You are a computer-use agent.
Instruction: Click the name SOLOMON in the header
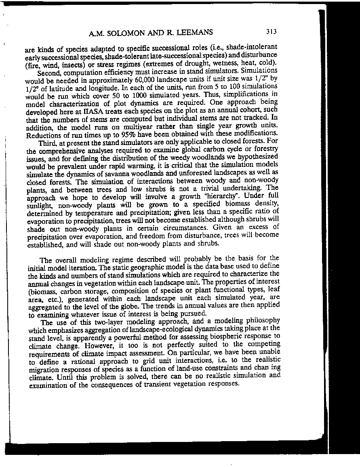[x=127, y=33]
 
